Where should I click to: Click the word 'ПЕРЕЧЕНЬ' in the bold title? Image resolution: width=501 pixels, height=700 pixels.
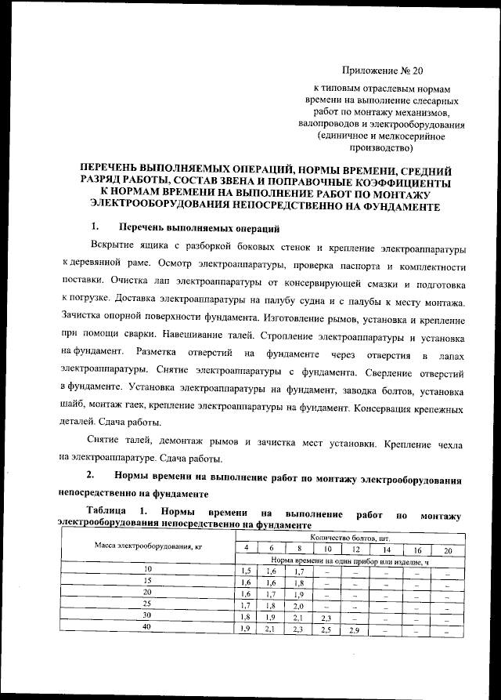[121, 169]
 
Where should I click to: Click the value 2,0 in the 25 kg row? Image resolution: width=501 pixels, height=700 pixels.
[299, 606]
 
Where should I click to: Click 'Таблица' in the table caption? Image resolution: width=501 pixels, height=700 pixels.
[82, 513]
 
